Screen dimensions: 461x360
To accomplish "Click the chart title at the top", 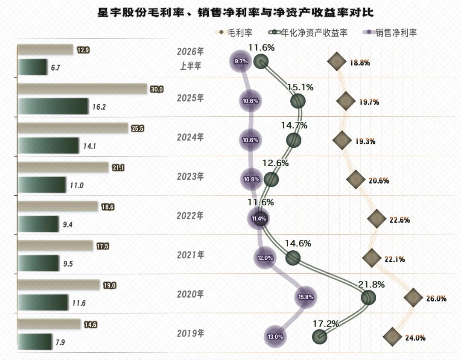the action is click(x=236, y=13).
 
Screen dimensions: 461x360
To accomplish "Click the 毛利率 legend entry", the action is click(x=235, y=32).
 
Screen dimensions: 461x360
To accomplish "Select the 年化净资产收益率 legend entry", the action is click(x=308, y=32).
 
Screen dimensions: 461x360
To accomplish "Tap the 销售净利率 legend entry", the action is click(x=390, y=32).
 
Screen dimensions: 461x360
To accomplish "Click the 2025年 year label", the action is click(x=190, y=98).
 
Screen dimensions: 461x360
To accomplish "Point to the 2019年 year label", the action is click(x=190, y=333).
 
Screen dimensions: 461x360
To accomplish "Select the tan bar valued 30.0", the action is click(x=82, y=89).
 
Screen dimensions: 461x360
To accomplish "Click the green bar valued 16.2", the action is click(x=53, y=106).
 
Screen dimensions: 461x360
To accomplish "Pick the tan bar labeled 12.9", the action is click(x=45, y=50).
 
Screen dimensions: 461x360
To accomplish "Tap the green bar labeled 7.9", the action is click(x=35, y=342).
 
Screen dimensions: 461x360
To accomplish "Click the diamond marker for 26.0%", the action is click(x=413, y=298).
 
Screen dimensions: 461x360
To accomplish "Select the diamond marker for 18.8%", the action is click(x=337, y=61).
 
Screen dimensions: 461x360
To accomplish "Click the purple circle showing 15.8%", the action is click(x=306, y=297).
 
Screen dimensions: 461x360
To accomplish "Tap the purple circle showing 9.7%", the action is click(x=241, y=61).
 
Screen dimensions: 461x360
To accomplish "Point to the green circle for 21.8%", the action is click(x=368, y=298).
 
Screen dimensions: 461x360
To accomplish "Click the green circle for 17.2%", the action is click(x=320, y=337).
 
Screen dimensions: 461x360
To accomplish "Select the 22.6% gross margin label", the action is click(x=400, y=220).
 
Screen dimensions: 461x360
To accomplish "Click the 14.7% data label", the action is click(x=294, y=125).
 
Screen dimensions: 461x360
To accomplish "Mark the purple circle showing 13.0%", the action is click(x=275, y=337).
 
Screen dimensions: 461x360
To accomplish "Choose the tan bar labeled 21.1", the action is click(x=63, y=167).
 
